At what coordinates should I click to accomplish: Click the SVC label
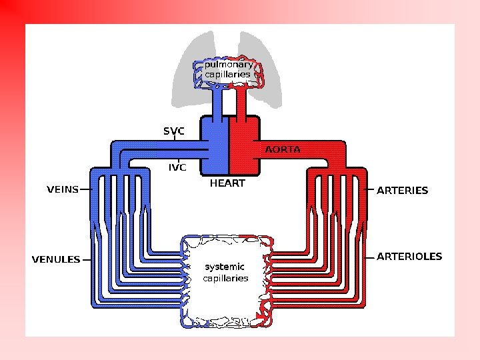(x=174, y=131)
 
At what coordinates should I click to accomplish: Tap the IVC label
(x=177, y=167)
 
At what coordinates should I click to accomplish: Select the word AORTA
(x=283, y=149)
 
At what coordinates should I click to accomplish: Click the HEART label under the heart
(x=228, y=183)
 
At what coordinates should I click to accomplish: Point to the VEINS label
(x=62, y=189)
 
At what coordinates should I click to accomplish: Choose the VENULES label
(x=56, y=259)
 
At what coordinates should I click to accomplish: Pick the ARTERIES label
(x=403, y=190)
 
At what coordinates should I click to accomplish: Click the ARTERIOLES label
(x=409, y=256)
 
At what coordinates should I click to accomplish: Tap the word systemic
(x=225, y=267)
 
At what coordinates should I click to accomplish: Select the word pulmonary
(x=229, y=65)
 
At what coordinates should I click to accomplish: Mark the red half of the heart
(x=241, y=147)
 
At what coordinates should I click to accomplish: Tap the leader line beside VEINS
(x=85, y=189)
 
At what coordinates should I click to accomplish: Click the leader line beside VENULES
(x=87, y=259)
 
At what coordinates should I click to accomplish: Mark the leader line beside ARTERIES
(x=371, y=190)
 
